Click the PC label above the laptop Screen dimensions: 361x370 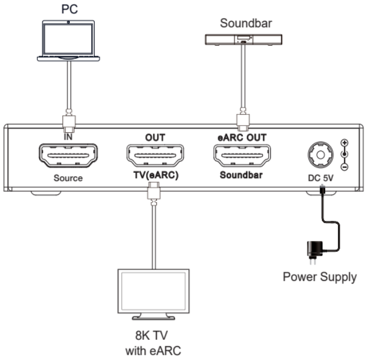(68, 10)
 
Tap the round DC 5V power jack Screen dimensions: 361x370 (318, 153)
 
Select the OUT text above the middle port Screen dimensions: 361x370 (153, 137)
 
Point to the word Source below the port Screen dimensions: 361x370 (68, 178)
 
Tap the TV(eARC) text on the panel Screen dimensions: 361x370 (153, 176)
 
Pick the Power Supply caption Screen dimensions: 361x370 (320, 277)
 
